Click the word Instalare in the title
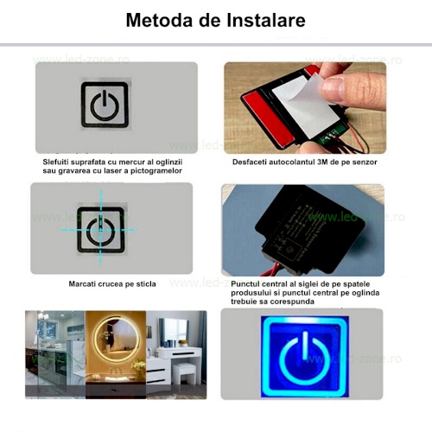coord(266,20)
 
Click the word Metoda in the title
coord(160,20)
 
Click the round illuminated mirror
coord(117,340)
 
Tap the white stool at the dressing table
coord(183,372)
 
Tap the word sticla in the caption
coord(146,284)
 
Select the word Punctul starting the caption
coord(245,284)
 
